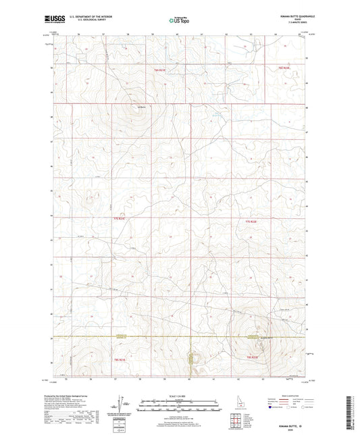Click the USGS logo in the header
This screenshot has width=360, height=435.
52,20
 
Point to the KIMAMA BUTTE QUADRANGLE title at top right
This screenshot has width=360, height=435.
287,17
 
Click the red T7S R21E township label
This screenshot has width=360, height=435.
119,220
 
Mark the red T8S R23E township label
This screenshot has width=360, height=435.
253,357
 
